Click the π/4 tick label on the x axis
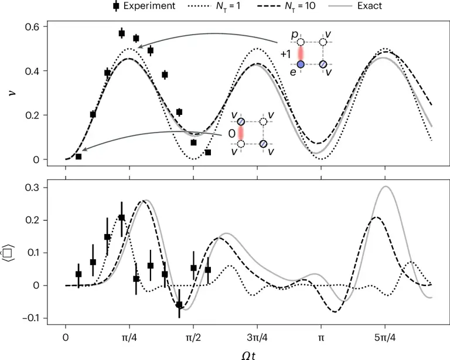tap(129, 339)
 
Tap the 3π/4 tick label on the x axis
tap(257, 339)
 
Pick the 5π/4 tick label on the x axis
tap(385, 339)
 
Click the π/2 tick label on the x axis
tap(193, 339)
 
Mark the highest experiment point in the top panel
tap(121, 33)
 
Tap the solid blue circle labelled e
tap(301, 64)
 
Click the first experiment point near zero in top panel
tap(79, 157)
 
